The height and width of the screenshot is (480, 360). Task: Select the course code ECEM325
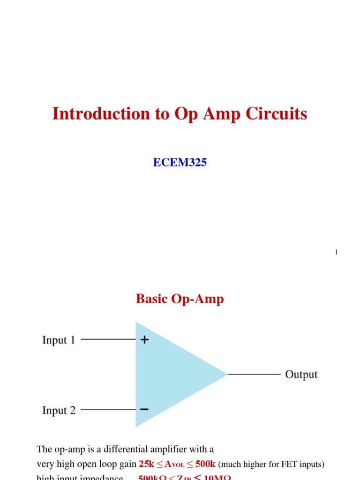180,163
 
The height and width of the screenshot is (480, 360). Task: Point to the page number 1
336,253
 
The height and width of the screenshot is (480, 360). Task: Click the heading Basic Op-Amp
180,299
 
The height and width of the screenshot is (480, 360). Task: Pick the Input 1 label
59,340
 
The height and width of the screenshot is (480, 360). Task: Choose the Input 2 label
59,411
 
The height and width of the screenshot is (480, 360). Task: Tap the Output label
301,375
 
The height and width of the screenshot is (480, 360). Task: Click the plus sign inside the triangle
144,340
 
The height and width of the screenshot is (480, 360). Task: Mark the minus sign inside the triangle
144,410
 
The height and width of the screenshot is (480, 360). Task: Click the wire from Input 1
108,339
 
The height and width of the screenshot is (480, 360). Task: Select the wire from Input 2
108,410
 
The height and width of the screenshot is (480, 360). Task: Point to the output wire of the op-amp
254,375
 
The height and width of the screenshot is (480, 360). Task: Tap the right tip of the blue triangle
226,374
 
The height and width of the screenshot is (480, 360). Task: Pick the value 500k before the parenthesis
205,465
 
